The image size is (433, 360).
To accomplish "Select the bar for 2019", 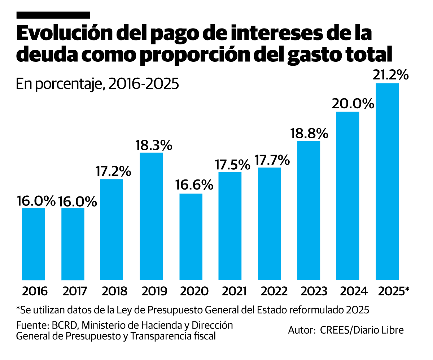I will (151, 216).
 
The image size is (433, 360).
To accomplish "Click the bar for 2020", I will (191, 237).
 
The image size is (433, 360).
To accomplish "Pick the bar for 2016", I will (34, 244).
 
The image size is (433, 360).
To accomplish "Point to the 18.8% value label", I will (309, 134).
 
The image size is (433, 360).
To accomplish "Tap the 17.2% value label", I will (113, 172).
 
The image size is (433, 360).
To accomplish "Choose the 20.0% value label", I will (353, 104).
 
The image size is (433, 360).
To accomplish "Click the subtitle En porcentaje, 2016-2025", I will (97, 84).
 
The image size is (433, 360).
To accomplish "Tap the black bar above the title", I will (53, 15).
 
